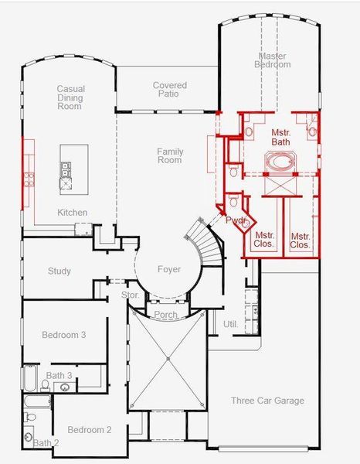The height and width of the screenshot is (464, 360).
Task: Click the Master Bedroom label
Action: tap(273, 60)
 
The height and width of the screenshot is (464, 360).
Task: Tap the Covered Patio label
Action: tap(170, 90)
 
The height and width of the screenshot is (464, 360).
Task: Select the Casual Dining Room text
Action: tap(70, 97)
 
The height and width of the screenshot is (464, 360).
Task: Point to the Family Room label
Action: tap(170, 155)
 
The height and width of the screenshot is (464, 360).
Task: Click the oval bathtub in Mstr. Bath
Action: tap(280, 162)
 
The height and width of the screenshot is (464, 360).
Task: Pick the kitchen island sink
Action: tap(66, 169)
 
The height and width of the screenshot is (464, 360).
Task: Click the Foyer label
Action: tap(169, 269)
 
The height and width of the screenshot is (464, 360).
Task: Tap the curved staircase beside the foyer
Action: tap(206, 242)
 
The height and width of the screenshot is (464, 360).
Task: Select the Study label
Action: tap(59, 271)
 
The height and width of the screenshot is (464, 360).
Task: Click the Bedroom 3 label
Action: tap(64, 335)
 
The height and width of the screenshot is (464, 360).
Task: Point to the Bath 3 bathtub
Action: tap(29, 378)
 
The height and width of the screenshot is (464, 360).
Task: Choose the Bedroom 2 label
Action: tap(90, 430)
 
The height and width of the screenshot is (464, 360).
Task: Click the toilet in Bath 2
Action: tap(29, 418)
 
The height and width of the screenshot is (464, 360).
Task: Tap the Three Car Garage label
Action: tap(267, 401)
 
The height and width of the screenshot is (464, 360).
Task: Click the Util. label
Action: tap(230, 324)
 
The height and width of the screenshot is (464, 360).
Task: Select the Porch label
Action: tap(166, 314)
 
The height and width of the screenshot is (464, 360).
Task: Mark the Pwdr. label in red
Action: tap(236, 220)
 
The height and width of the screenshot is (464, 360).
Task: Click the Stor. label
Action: tap(130, 295)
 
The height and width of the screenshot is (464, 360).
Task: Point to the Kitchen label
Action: tap(72, 212)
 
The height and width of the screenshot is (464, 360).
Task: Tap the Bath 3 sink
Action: tap(65, 387)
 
